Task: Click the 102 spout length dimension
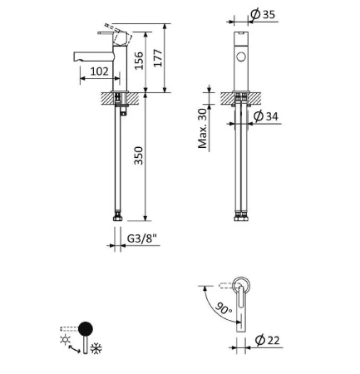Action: (x=100, y=71)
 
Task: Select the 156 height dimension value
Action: (x=139, y=61)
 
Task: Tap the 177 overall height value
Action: (x=158, y=58)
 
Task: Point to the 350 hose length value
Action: (x=139, y=155)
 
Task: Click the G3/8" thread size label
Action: (x=142, y=239)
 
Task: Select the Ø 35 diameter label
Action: (x=263, y=14)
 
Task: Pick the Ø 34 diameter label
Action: (x=266, y=116)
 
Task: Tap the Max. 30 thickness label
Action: (x=203, y=129)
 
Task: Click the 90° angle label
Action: (x=224, y=308)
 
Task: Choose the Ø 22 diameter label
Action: (x=267, y=340)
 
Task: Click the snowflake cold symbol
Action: (x=96, y=348)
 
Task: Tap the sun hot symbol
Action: (x=65, y=339)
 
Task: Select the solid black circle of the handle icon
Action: (x=86, y=329)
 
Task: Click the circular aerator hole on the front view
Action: (x=241, y=57)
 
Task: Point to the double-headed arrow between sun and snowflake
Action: (x=74, y=349)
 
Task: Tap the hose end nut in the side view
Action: (x=117, y=218)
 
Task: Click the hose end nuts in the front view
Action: (x=241, y=217)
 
